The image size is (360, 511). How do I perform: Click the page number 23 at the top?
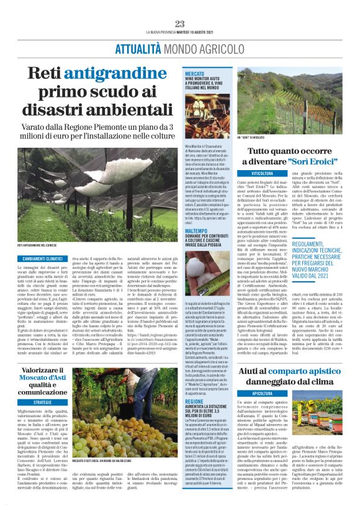(x=180, y=24)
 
